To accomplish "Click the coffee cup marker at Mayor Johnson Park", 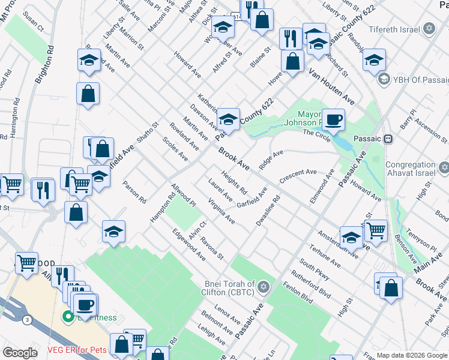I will click(x=333, y=119).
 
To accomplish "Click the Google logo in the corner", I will click(x=20, y=353).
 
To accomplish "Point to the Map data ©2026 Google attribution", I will click(x=412, y=355).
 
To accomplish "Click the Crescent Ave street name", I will click(x=298, y=176).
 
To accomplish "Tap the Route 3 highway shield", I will click(x=28, y=320).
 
